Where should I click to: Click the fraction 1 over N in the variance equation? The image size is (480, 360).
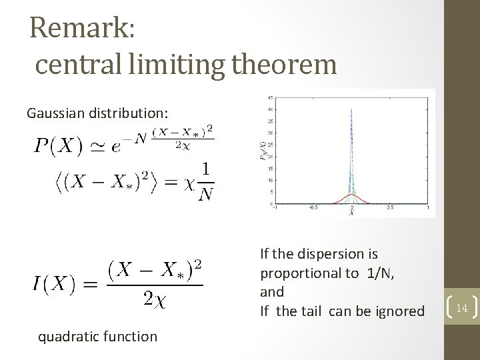pos(205,182)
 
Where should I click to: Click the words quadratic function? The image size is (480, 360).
pos(97,337)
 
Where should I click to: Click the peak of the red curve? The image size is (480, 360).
pos(351,194)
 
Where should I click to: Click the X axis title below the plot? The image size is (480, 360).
pos(351,214)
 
